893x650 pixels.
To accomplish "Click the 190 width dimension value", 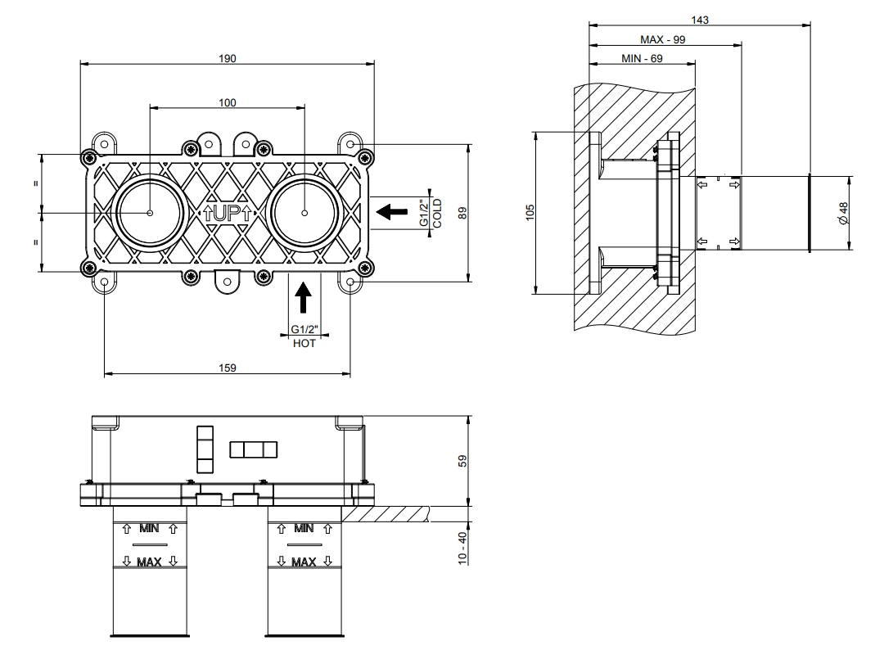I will [x=227, y=58].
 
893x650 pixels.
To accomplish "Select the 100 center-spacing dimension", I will [x=227, y=102].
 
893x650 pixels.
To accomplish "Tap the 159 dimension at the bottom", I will [x=228, y=368].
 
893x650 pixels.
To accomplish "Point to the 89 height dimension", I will [x=462, y=213].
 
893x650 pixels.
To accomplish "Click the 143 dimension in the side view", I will [x=699, y=19].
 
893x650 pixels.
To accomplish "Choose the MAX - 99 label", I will [x=664, y=39].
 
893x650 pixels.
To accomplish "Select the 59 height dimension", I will [x=462, y=461].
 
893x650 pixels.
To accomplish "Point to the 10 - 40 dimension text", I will [x=462, y=547].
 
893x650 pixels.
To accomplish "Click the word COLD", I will [x=437, y=213].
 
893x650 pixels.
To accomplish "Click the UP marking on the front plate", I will [x=227, y=213].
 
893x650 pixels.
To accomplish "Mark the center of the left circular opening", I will [x=151, y=213].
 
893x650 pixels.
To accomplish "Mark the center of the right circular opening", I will [x=304, y=213].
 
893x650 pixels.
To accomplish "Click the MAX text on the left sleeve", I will [x=150, y=562].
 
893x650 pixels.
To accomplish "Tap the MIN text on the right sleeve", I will [x=304, y=528].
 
